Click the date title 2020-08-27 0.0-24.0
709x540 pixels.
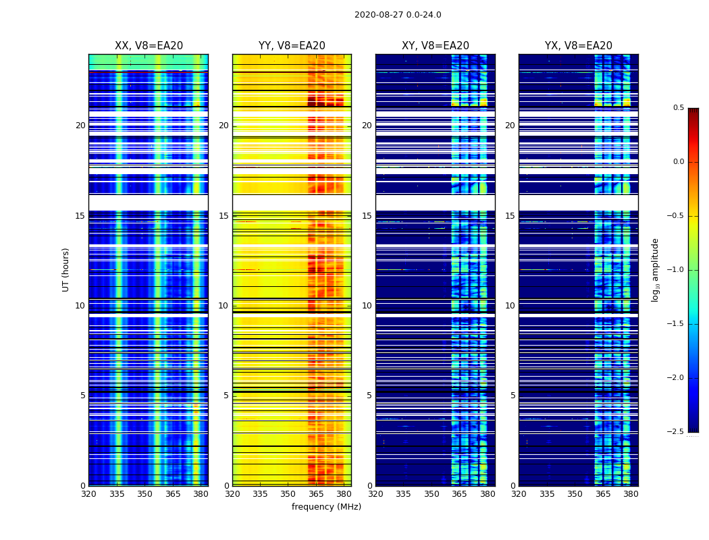pyautogui.click(x=398, y=15)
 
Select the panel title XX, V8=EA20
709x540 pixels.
pyautogui.click(x=149, y=46)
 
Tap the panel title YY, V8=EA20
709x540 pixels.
pyautogui.click(x=292, y=46)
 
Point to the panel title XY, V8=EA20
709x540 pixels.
pyautogui.click(x=436, y=46)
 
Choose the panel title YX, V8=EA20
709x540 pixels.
pyautogui.click(x=579, y=46)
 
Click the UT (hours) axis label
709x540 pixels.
pyautogui.click(x=65, y=269)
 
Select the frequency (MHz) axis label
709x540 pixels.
pyautogui.click(x=326, y=507)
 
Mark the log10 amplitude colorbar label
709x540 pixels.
pyautogui.click(x=655, y=269)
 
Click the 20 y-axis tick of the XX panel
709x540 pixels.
pyautogui.click(x=80, y=126)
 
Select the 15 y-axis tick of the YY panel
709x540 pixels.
pyautogui.click(x=224, y=216)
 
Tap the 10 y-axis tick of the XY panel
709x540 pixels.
pyautogui.click(x=367, y=306)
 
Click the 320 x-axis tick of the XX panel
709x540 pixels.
pyautogui.click(x=88, y=494)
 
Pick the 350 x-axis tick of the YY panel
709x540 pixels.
pyautogui.click(x=288, y=494)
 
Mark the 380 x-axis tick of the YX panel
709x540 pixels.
pyautogui.click(x=631, y=494)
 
